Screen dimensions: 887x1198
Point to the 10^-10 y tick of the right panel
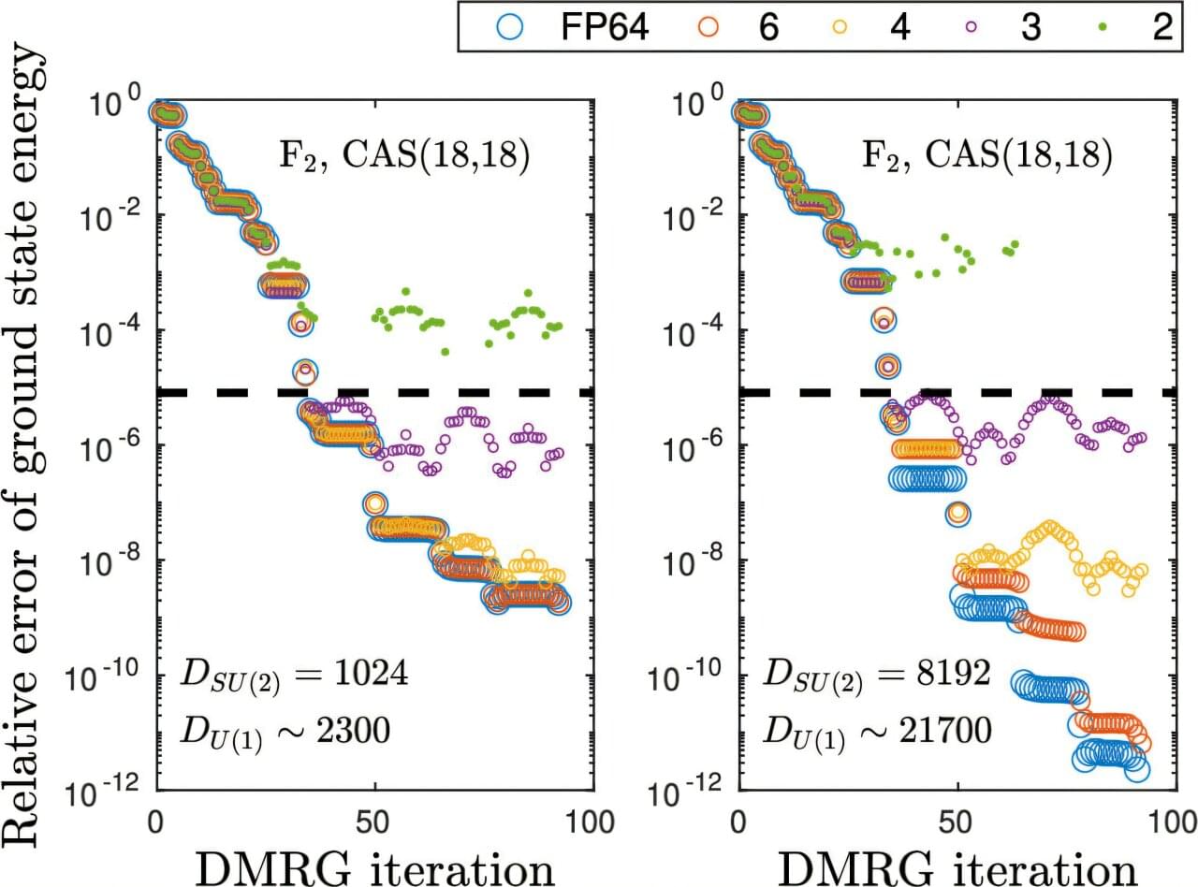pyautogui.click(x=691, y=675)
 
